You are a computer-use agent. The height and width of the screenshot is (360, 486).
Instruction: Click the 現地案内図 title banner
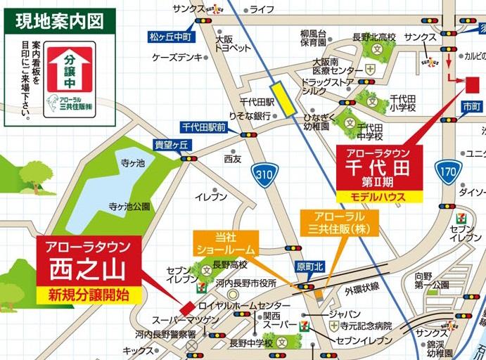[59, 20]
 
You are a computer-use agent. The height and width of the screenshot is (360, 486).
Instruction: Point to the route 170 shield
[448, 171]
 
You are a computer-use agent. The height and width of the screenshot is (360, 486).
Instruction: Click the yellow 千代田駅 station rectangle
[285, 97]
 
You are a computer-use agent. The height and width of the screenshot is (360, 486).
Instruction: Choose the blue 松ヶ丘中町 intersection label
[170, 35]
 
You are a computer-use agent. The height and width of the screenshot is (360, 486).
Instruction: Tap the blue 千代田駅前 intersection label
[203, 127]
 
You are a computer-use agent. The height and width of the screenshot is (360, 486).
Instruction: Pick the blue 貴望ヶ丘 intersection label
[172, 145]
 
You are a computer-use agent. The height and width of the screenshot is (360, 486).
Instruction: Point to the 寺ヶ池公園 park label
[129, 207]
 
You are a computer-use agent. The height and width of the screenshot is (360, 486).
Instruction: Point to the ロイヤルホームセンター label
[243, 306]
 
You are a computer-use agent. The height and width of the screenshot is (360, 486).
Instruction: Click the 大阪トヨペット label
[232, 44]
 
